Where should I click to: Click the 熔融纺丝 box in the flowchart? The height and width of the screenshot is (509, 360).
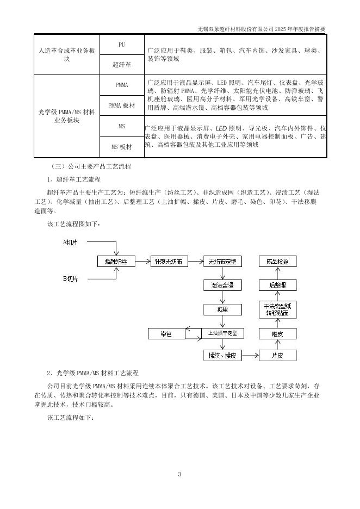click(115, 262)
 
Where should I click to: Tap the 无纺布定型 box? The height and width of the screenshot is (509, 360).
click(222, 262)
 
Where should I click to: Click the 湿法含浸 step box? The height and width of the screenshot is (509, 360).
click(222, 285)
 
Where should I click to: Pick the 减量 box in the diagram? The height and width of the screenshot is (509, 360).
click(222, 309)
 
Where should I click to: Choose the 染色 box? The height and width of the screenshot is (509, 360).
click(166, 333)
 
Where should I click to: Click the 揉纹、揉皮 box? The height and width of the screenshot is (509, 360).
click(222, 356)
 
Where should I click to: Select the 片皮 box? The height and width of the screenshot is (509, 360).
click(277, 356)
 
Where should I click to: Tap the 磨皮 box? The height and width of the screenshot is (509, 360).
click(277, 333)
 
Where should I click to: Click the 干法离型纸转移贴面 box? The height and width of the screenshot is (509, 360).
click(277, 309)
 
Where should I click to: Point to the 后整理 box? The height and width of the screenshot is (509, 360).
click(277, 285)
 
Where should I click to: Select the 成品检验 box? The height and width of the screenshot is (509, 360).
click(277, 262)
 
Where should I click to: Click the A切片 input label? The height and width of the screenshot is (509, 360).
click(71, 242)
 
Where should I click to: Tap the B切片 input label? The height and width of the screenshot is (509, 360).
click(71, 279)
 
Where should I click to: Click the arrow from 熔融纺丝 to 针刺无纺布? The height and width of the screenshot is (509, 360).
click(142, 262)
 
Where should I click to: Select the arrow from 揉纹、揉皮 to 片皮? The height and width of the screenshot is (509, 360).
click(250, 356)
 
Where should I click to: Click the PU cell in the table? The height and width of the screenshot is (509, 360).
click(122, 45)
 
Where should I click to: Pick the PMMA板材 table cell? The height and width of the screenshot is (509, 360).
click(122, 105)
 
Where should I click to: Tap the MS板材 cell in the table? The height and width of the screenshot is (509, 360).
click(122, 147)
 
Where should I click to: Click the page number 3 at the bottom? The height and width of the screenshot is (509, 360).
click(179, 474)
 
